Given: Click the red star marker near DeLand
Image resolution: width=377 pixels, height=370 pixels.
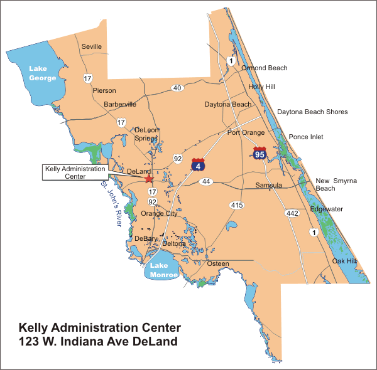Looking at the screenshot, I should point(148,179).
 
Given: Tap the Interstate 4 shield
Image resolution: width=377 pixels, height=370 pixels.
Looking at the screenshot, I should point(198,165).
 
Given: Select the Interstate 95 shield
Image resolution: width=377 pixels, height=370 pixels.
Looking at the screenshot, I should point(260,152).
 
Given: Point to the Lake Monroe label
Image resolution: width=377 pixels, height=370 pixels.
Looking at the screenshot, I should point(165,270).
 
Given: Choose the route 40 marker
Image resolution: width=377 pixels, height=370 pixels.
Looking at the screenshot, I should point(178,88).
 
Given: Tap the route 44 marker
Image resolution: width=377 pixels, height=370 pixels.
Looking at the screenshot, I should point(205,181).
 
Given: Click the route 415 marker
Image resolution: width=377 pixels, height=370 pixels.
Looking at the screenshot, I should point(236,205).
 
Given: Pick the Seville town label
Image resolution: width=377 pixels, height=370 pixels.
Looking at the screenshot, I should point(92,46).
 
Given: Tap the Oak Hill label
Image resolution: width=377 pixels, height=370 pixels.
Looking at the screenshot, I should point(345,261).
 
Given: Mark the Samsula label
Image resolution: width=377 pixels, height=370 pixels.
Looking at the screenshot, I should point(269,186).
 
